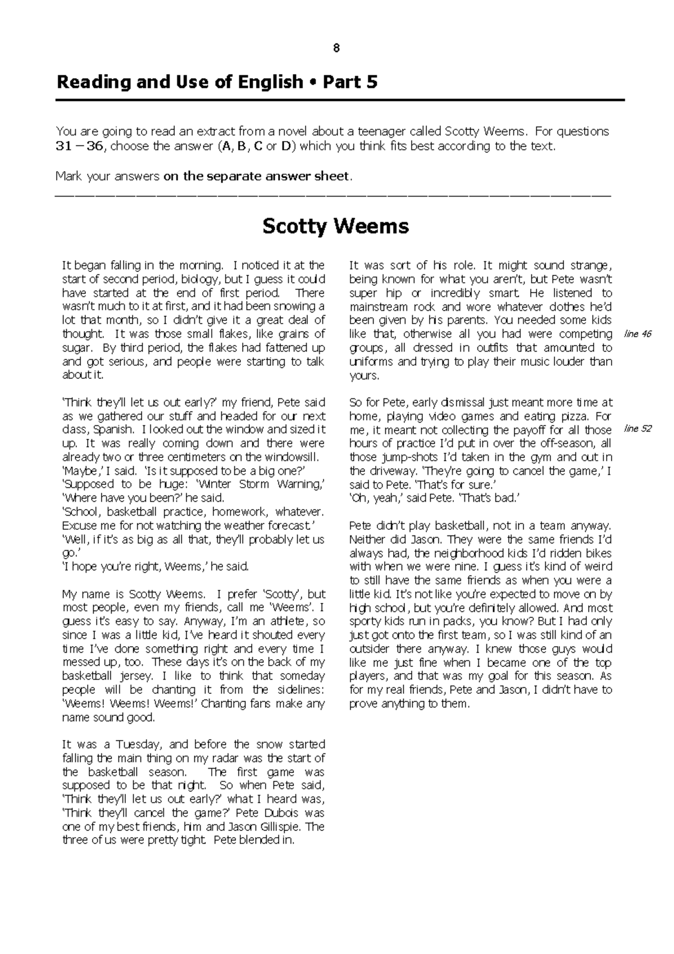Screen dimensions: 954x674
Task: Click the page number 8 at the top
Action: pyautogui.click(x=336, y=48)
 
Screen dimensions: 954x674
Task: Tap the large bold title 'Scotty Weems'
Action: pyautogui.click(x=336, y=226)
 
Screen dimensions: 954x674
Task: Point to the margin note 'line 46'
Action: pyautogui.click(x=637, y=334)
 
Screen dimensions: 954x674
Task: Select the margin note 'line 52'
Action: pyautogui.click(x=637, y=429)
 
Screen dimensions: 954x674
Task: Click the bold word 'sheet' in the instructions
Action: pyautogui.click(x=331, y=176)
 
